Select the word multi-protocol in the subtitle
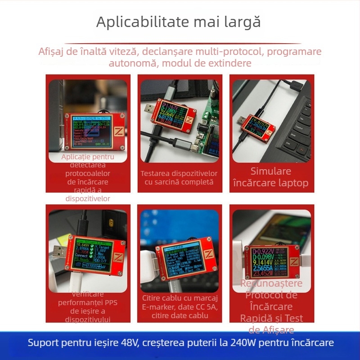(230, 51)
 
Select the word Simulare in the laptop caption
(271, 171)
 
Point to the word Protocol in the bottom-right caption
(271, 295)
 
